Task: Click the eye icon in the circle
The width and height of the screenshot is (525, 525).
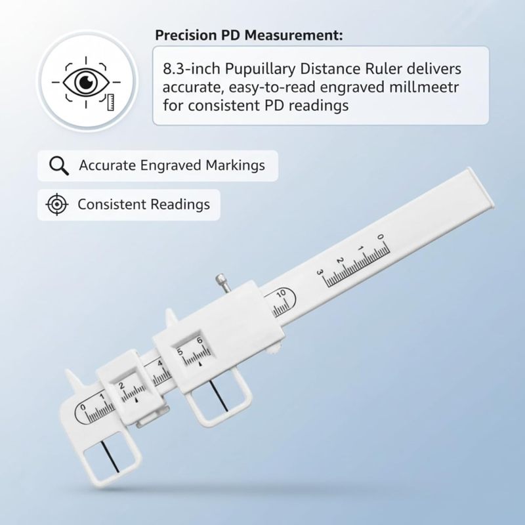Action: [87, 81]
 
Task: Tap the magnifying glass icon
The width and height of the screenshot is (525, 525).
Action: [59, 166]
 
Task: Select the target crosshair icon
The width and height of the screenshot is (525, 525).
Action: [56, 204]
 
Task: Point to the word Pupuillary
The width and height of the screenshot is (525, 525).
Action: [260, 70]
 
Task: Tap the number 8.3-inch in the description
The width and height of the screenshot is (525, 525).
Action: [192, 69]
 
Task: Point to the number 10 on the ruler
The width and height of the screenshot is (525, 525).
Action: [281, 293]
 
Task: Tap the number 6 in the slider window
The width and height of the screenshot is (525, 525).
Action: [199, 341]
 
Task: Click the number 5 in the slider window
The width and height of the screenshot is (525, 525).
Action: [180, 352]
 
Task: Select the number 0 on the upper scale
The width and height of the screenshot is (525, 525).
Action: [380, 237]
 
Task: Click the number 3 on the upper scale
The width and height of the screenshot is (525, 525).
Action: [320, 272]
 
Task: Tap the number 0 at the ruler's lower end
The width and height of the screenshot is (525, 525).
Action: [83, 408]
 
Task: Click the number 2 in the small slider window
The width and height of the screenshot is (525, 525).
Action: [121, 386]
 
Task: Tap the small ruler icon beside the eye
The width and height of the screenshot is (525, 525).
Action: [110, 102]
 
